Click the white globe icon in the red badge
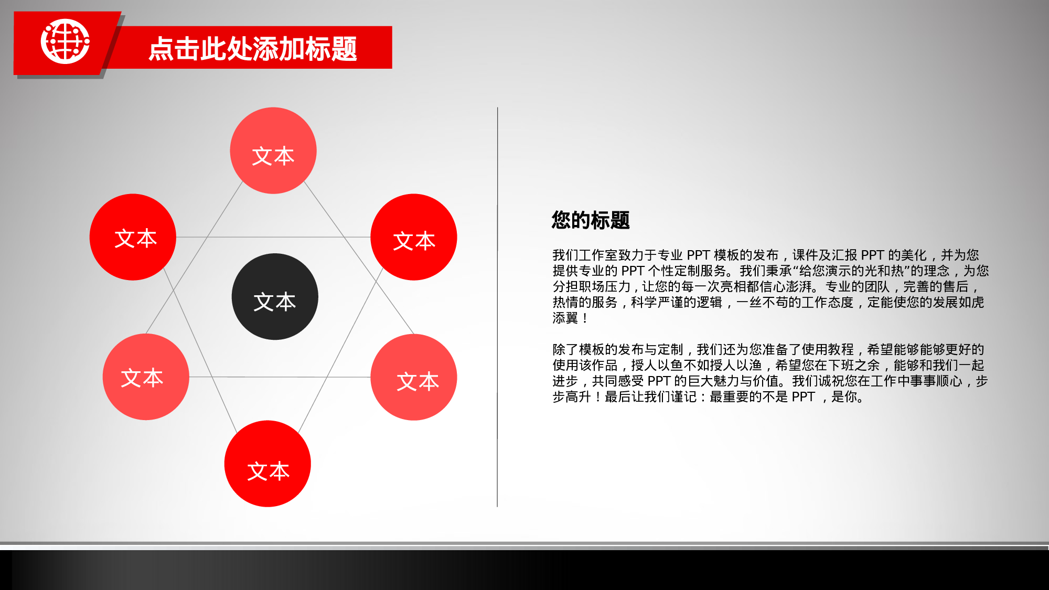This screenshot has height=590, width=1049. pos(66,41)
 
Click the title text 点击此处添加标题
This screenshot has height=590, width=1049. pos(252,49)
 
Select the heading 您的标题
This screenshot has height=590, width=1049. pos(591,220)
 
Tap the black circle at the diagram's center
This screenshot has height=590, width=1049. pos(275,297)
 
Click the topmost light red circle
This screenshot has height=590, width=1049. pos(273,151)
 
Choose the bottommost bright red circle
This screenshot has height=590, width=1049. pos(267,464)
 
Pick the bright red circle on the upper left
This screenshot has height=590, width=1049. pos(133,237)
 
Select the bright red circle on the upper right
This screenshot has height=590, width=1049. pos(414,237)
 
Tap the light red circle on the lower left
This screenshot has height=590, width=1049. pos(146,377)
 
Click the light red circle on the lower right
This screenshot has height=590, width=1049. pos(414,377)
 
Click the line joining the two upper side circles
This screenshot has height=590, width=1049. pos(273,237)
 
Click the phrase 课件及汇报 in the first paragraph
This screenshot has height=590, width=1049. pos(825,255)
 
